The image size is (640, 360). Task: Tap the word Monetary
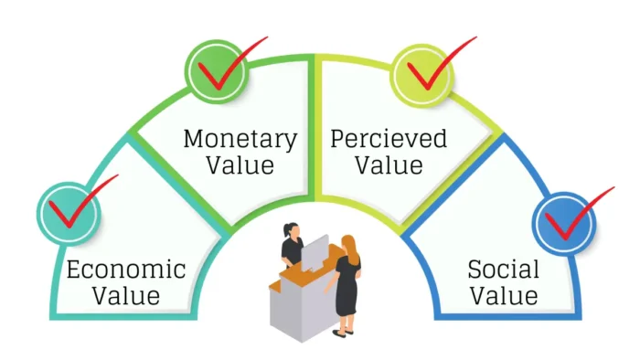click(x=240, y=140)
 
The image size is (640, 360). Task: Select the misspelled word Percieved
click(x=389, y=140)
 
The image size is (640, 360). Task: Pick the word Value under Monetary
click(x=240, y=166)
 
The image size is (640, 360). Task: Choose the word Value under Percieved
click(x=389, y=166)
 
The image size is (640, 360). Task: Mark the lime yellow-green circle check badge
click(x=419, y=71)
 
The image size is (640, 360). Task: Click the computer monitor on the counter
click(x=315, y=252)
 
